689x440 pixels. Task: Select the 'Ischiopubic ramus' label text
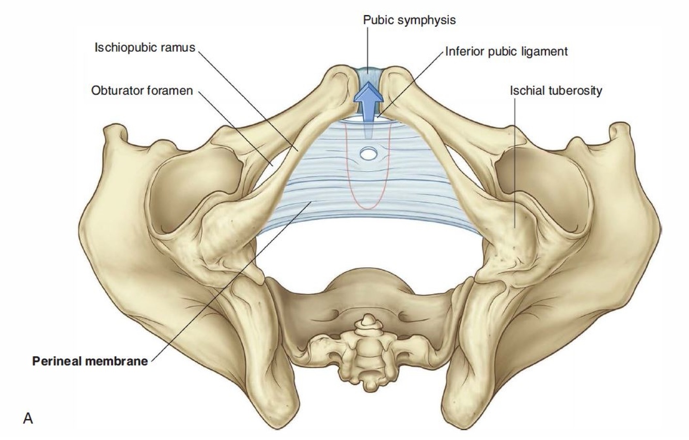coord(145,48)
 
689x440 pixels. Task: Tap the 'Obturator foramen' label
coord(142,91)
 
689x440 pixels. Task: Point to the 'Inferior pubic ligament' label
coord(506,52)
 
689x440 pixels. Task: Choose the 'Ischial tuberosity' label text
coord(556,91)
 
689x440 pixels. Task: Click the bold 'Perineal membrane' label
coord(90,361)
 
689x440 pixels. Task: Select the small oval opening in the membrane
coord(368,153)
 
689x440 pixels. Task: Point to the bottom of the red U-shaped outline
coord(367,208)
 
